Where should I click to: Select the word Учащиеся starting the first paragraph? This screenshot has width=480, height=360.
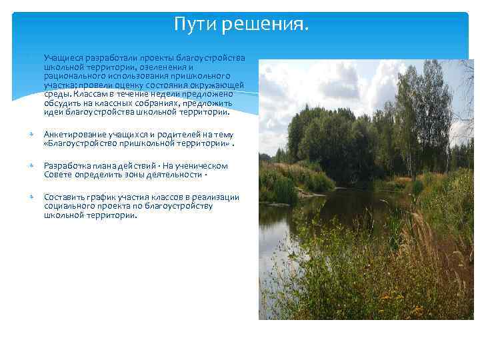tap(63, 58)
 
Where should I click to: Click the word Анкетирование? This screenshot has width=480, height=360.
tap(75, 134)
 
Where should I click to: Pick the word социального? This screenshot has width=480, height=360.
tap(70, 206)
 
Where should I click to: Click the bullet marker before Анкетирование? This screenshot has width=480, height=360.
tap(31, 135)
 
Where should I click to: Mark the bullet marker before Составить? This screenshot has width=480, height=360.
tap(31, 197)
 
